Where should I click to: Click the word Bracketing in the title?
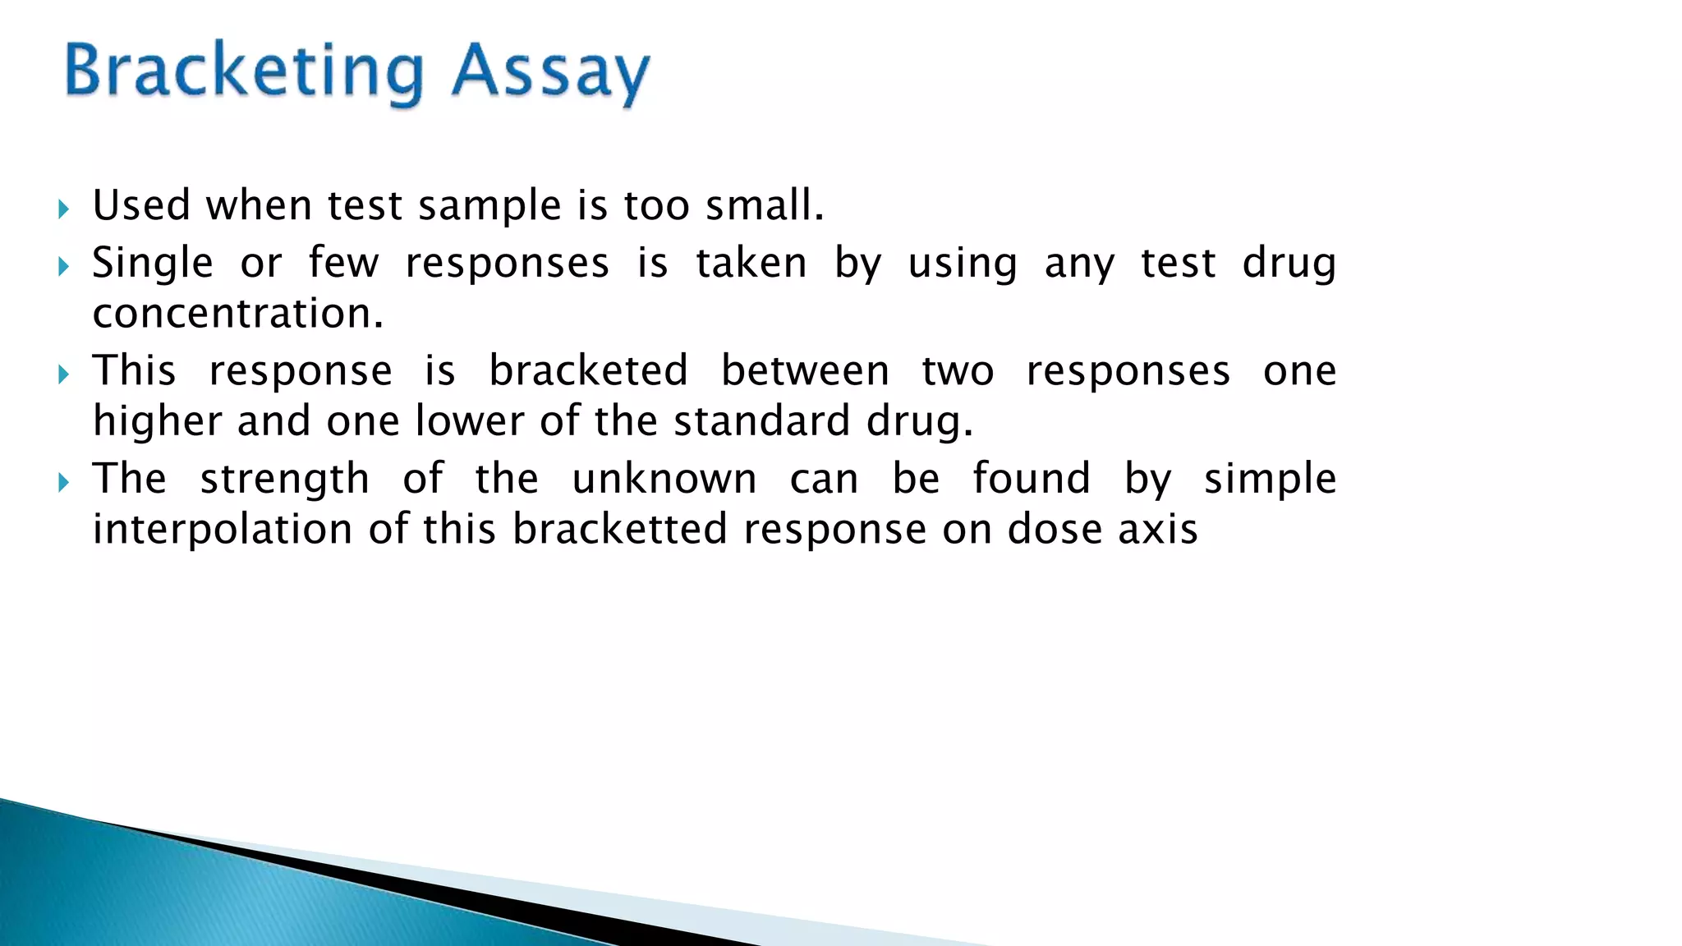[243, 72]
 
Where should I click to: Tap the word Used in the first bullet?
[141, 205]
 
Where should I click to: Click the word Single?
[153, 264]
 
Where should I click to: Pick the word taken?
[751, 264]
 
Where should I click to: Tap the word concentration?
[237, 315]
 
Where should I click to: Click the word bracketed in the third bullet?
[588, 370]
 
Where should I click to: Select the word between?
[805, 370]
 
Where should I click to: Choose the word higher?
[158, 422]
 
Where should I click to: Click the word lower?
[470, 421]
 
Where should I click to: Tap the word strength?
[285, 480]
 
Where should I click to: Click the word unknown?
[664, 479]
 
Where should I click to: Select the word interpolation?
[223, 530]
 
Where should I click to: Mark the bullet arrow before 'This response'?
[64, 375]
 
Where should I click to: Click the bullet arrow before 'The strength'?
[64, 483]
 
